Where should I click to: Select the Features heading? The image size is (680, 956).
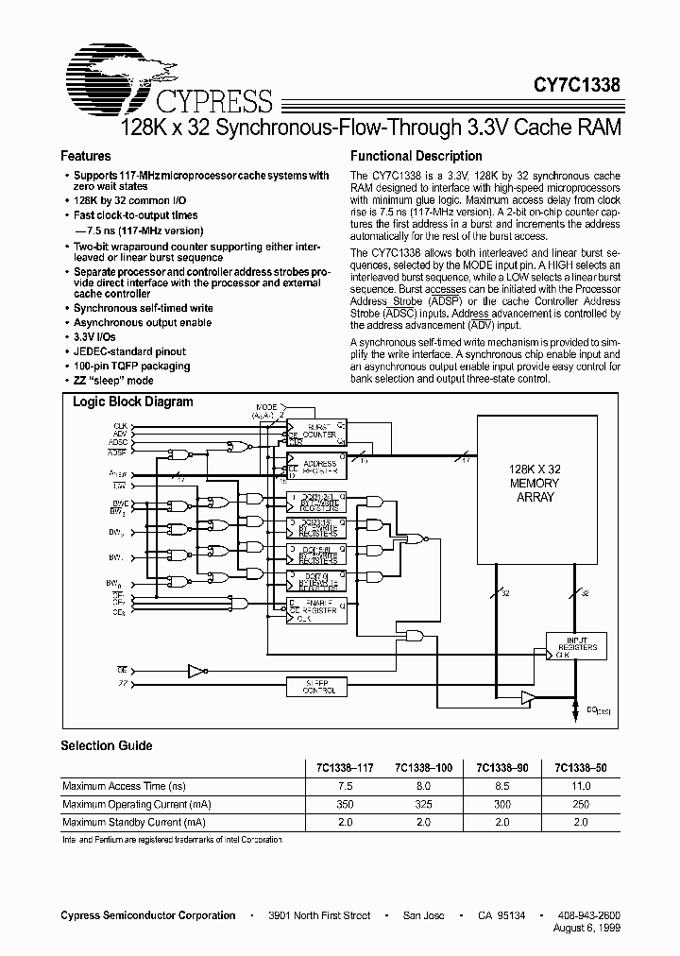85,156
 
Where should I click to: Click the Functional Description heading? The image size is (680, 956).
416,156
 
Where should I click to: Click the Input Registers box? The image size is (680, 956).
576,646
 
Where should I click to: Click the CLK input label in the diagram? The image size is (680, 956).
120,426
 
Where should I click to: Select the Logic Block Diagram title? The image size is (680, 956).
133,401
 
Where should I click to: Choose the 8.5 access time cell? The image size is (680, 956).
501,786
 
